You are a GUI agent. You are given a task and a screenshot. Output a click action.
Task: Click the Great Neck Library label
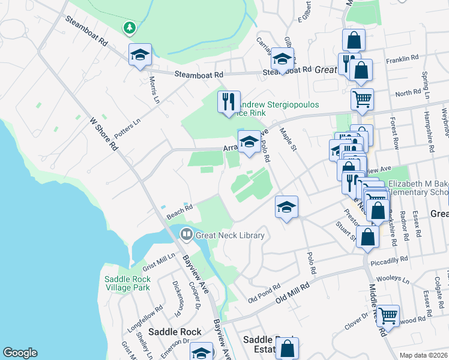point(230,235)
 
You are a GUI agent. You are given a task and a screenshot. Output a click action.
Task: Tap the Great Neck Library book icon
point(187,235)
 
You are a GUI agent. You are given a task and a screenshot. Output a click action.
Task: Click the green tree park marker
point(129,28)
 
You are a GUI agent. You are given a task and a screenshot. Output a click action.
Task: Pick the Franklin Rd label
point(402,59)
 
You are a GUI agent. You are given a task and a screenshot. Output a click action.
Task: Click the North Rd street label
point(408,93)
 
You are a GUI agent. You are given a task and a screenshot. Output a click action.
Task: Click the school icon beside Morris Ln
point(140,55)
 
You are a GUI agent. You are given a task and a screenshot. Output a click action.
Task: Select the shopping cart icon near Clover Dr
point(388,314)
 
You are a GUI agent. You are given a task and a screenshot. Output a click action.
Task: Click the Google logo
point(20,353)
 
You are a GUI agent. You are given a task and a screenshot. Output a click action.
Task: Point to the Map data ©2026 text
point(423,355)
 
